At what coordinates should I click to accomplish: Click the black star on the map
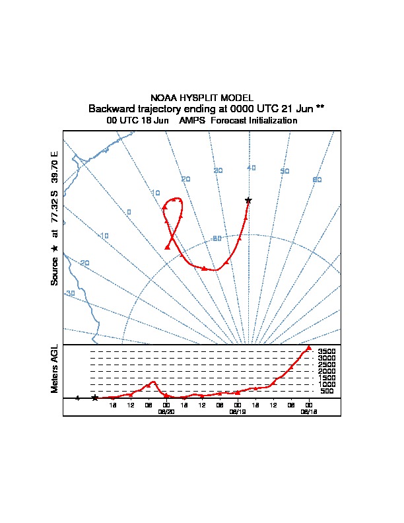pyautogui.click(x=248, y=200)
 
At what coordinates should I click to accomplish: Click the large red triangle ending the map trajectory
pyautogui.click(x=168, y=246)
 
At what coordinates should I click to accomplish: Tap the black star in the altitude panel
pyautogui.click(x=95, y=398)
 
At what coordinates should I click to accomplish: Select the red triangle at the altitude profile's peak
pyautogui.click(x=308, y=348)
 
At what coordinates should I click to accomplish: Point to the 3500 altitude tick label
pyautogui.click(x=327, y=352)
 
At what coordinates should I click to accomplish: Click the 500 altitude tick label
pyautogui.click(x=327, y=392)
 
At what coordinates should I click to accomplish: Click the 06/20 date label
pyautogui.click(x=166, y=411)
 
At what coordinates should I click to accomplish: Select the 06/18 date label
pyautogui.click(x=308, y=411)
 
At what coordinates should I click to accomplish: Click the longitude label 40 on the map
pyautogui.click(x=252, y=168)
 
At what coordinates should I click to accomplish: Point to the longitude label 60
pyautogui.click(x=317, y=180)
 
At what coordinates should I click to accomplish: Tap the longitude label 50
pyautogui.click(x=285, y=172)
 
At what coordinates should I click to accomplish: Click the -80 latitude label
pyautogui.click(x=216, y=238)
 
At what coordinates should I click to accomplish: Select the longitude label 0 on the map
pyautogui.click(x=129, y=212)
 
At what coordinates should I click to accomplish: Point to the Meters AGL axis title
pyautogui.click(x=55, y=368)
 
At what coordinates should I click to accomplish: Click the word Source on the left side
pyautogui.click(x=55, y=270)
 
